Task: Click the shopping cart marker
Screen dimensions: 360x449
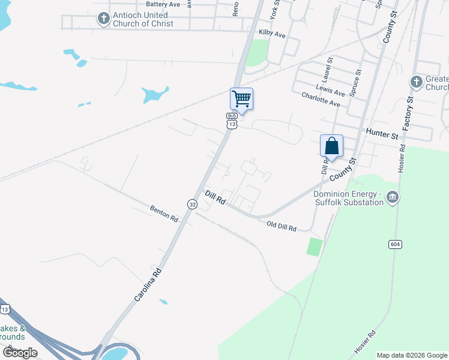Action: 241,99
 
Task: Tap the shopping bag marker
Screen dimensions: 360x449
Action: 331,146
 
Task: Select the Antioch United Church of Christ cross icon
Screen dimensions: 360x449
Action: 103,19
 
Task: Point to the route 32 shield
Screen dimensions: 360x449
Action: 192,204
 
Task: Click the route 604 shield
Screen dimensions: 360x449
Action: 395,244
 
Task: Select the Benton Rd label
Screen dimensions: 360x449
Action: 164,213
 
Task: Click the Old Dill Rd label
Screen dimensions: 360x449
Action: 281,226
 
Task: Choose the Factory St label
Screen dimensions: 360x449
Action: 409,114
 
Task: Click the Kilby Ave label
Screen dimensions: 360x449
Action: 272,34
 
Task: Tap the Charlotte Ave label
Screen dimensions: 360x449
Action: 321,100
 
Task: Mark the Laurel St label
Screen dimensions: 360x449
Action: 328,69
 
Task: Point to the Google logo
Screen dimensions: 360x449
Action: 20,352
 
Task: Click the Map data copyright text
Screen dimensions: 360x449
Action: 411,355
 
